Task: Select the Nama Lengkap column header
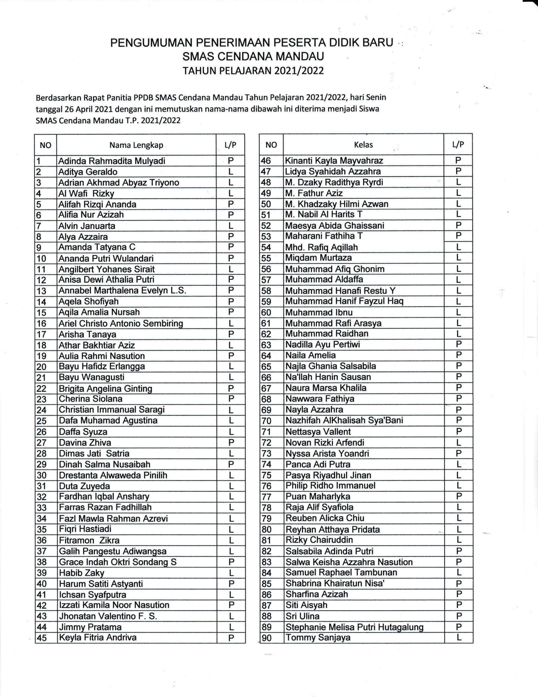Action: [136, 145]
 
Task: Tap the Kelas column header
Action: [363, 145]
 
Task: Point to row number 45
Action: [42, 638]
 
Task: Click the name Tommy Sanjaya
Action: [318, 638]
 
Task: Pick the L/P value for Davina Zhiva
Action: [231, 442]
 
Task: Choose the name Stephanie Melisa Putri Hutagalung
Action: [354, 627]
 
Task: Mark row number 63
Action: [266, 345]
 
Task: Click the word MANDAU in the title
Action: [300, 56]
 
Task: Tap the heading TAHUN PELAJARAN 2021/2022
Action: [253, 71]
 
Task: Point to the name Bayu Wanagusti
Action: [92, 377]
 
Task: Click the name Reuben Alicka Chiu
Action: [325, 518]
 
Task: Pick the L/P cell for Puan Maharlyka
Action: [459, 496]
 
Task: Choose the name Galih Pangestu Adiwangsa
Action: [113, 551]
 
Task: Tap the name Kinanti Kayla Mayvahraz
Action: [334, 161]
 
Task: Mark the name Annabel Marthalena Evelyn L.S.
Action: [122, 291]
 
